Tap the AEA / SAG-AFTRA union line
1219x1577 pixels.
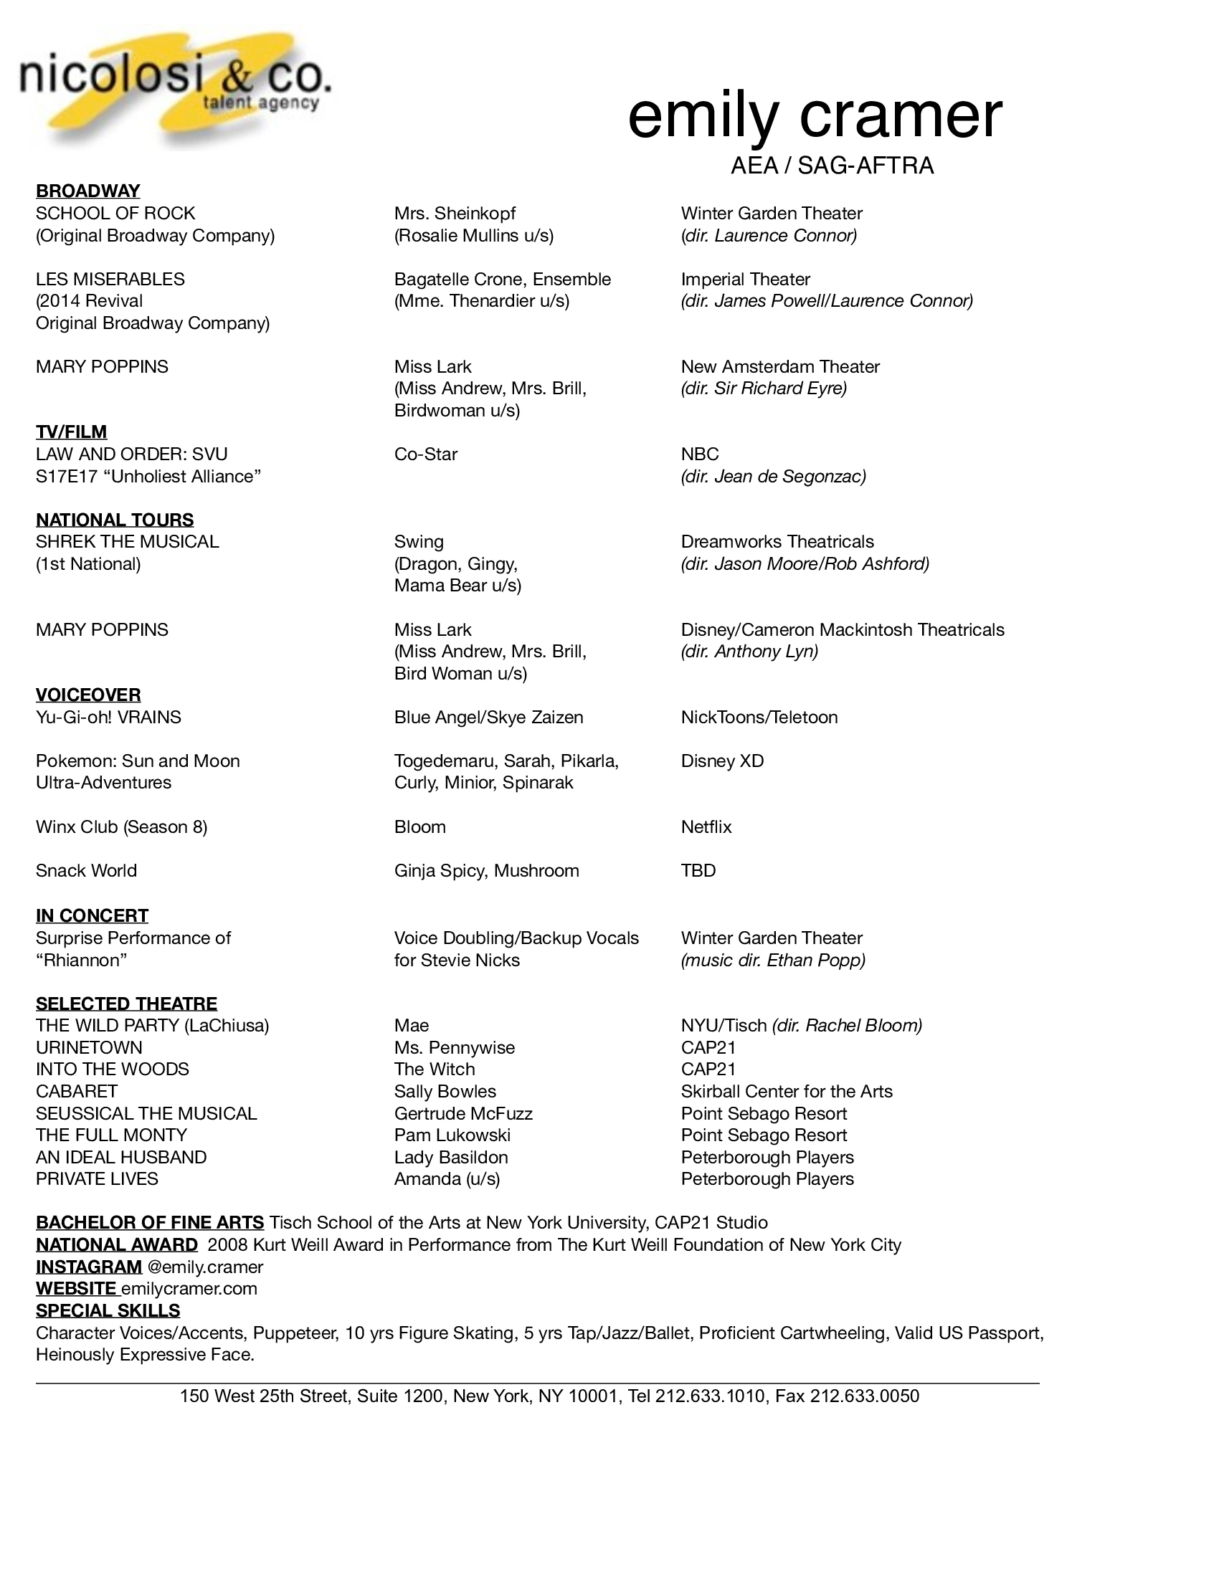(x=832, y=166)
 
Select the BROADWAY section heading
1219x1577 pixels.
(x=88, y=191)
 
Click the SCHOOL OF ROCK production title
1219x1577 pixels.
(x=115, y=213)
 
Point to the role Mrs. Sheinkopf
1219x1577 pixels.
(x=455, y=213)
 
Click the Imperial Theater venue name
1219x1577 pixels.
(x=745, y=279)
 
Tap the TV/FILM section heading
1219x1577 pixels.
(x=72, y=432)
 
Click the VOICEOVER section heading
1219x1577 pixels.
(x=88, y=695)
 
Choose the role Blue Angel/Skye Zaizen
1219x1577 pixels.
(x=488, y=717)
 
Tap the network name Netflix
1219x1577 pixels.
(x=706, y=826)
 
